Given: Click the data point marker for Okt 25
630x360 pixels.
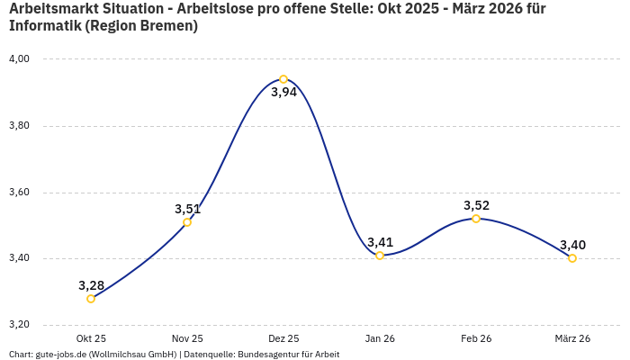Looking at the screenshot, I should [x=91, y=299].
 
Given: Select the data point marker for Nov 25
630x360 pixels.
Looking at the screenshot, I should [x=187, y=222].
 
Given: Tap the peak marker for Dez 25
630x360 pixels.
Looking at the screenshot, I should [x=283, y=79].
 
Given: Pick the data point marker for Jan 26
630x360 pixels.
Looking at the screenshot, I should [x=380, y=256].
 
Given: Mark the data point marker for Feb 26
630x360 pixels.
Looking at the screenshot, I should [x=476, y=219].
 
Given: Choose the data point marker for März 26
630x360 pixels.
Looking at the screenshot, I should [x=572, y=258].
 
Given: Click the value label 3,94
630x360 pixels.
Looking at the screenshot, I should [x=283, y=93].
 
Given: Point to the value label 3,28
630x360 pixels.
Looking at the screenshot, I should [x=91, y=285].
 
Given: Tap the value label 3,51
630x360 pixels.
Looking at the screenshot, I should [x=187, y=209].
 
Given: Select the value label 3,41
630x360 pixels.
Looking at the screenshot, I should [x=380, y=242].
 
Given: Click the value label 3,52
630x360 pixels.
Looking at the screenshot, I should [x=476, y=205].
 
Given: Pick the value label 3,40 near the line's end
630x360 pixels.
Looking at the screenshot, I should [x=572, y=245].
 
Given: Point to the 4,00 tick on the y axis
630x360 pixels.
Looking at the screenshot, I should [x=19, y=59].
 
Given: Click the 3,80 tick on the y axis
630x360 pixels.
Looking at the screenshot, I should [x=19, y=126].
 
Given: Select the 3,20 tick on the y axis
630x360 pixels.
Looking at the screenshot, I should [x=19, y=325].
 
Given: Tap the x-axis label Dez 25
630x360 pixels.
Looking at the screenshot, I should [x=283, y=338].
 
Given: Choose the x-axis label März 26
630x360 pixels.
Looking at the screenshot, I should [x=572, y=338].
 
